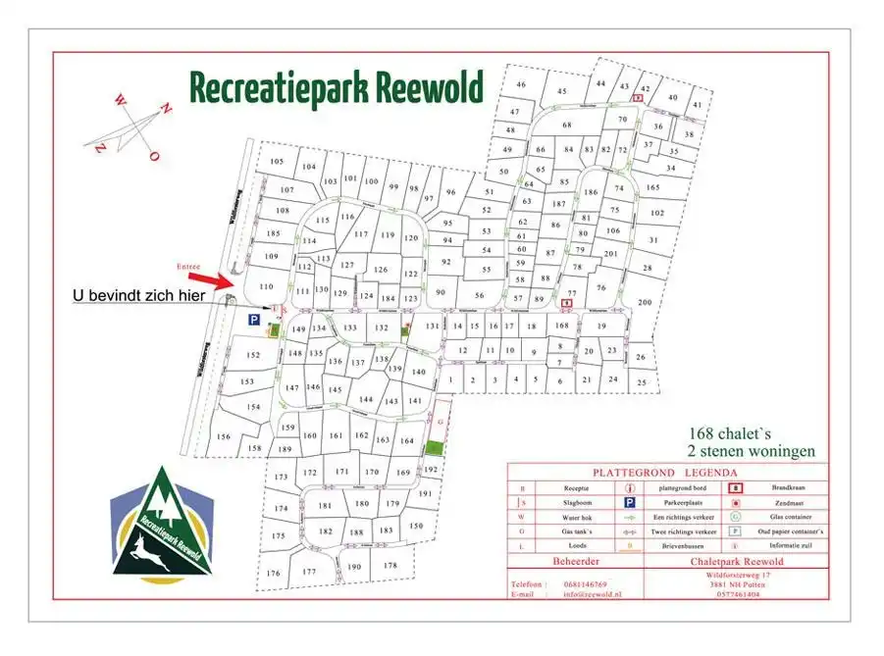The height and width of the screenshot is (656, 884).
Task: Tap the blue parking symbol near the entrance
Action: click(252, 320)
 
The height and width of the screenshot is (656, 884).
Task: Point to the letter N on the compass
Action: click(167, 110)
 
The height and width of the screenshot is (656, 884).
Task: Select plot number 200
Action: click(644, 304)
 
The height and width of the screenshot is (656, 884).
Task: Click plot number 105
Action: click(276, 162)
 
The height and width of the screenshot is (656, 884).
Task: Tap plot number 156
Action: click(224, 437)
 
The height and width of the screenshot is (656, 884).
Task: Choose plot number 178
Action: click(390, 566)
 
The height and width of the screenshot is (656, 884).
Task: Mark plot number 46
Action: click(521, 84)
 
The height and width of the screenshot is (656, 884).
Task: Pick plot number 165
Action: click(652, 187)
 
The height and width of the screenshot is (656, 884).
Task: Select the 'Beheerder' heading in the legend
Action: click(574, 561)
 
